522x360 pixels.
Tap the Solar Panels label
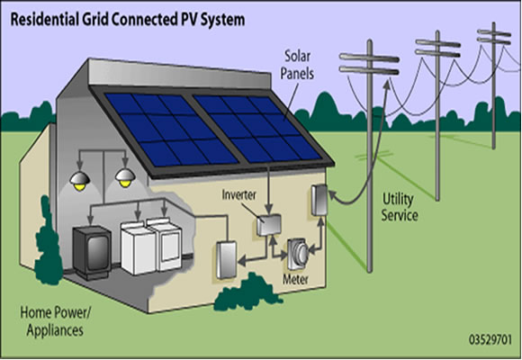tap(297, 65)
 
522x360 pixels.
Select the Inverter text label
tap(239, 194)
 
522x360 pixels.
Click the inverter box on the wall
tap(269, 224)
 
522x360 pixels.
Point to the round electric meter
tap(298, 254)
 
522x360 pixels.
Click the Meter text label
tap(295, 279)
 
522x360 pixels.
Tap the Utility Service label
tap(400, 207)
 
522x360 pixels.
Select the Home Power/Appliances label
tap(55, 321)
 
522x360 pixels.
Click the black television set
tap(92, 252)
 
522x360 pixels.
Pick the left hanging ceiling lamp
tap(80, 181)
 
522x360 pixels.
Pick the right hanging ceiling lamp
tap(125, 178)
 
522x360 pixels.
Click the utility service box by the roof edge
tap(319, 200)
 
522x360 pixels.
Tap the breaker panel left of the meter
tap(227, 259)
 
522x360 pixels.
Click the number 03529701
tap(490, 339)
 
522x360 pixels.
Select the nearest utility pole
tap(369, 156)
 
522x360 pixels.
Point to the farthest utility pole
tap(493, 85)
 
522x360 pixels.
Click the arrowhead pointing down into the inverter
tap(269, 210)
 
